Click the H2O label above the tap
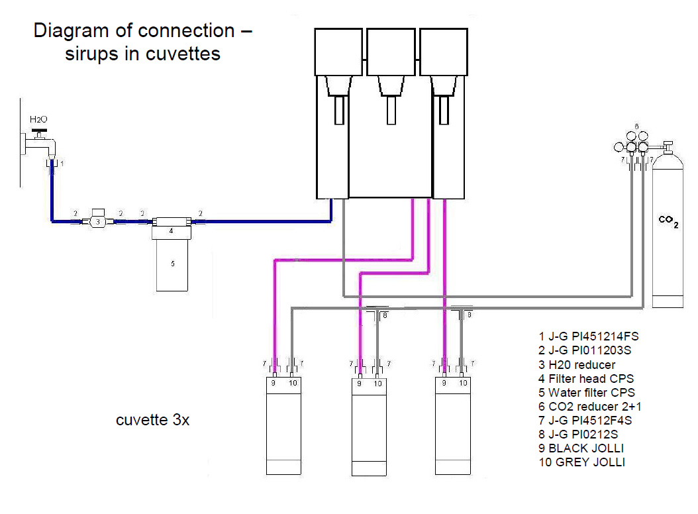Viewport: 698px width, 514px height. click(38, 119)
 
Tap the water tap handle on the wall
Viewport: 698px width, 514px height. click(39, 131)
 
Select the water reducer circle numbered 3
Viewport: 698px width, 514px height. click(98, 221)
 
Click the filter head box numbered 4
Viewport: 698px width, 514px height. click(172, 231)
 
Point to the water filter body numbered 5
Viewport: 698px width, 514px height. click(172, 264)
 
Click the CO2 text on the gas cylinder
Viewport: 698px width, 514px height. click(668, 221)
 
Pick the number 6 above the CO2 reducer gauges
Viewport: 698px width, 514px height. click(636, 127)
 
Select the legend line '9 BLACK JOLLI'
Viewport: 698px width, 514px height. click(581, 448)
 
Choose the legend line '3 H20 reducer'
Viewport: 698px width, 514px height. click(576, 365)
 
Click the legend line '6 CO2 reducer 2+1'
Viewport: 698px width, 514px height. click(589, 406)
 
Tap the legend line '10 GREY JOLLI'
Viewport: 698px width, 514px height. click(581, 462)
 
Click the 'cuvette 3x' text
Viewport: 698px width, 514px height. click(153, 419)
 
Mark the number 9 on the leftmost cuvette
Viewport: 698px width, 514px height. click(274, 383)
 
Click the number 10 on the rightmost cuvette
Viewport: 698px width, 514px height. click(463, 383)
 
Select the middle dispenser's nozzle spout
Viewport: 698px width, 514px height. click(391, 110)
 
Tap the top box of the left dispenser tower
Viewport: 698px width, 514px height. click(338, 52)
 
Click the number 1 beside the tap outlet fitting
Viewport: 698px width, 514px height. click(62, 164)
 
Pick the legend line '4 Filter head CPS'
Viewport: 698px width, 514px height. click(586, 379)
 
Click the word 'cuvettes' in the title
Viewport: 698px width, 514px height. click(183, 54)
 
